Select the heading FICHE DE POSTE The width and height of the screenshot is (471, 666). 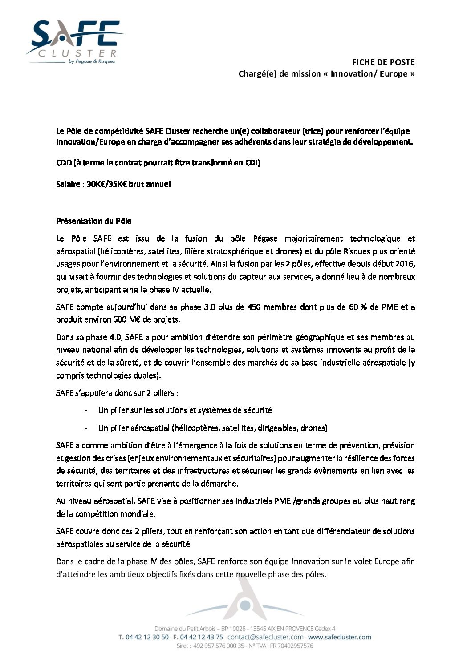[383, 62]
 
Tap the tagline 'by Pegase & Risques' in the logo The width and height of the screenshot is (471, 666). [92, 61]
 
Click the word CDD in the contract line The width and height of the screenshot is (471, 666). [64, 162]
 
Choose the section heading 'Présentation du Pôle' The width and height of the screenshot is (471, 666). [93, 221]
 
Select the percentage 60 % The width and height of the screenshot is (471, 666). [357, 307]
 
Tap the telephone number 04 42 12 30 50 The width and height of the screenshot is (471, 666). [147, 637]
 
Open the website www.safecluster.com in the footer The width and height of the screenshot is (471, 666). [340, 637]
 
